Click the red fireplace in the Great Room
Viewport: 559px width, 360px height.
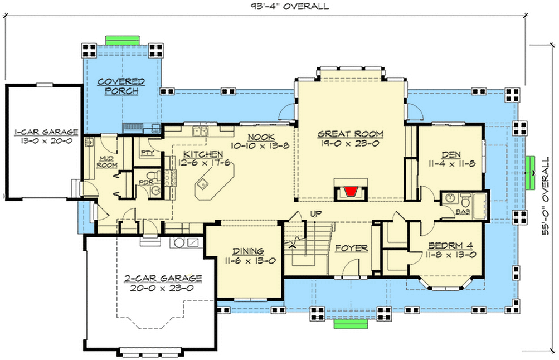click(350, 192)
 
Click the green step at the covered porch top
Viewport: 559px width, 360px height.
click(122, 40)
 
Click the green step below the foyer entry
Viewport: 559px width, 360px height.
click(350, 324)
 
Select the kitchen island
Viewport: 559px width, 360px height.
click(213, 185)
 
